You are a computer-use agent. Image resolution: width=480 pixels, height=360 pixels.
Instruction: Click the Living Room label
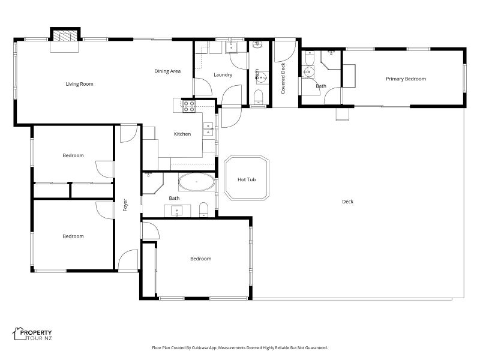(79, 84)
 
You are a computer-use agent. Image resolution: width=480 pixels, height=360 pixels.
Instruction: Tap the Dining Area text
(167, 71)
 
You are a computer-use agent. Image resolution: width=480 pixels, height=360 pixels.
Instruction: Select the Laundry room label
(223, 75)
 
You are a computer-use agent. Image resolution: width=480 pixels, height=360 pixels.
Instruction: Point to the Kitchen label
(182, 134)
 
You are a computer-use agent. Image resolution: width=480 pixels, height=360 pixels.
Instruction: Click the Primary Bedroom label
(406, 79)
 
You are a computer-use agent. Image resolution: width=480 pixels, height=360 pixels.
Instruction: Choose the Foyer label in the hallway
(125, 205)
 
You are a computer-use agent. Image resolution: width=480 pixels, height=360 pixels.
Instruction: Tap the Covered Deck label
(283, 78)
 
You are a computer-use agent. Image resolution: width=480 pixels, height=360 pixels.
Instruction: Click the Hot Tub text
(247, 179)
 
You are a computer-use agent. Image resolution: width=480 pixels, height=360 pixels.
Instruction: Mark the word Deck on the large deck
(347, 202)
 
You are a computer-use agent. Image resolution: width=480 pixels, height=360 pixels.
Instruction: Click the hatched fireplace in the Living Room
(65, 35)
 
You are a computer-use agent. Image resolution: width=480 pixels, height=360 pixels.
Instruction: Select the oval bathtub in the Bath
(196, 182)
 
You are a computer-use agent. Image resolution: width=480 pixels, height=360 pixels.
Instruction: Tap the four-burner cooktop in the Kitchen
(188, 106)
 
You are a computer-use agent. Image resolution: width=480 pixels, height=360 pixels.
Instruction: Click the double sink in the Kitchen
(208, 126)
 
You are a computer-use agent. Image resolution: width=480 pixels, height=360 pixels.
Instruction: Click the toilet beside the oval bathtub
(203, 209)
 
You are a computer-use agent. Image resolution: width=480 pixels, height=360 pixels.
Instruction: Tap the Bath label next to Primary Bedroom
(321, 86)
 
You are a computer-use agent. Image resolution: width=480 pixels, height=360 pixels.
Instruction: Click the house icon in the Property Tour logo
(17, 332)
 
